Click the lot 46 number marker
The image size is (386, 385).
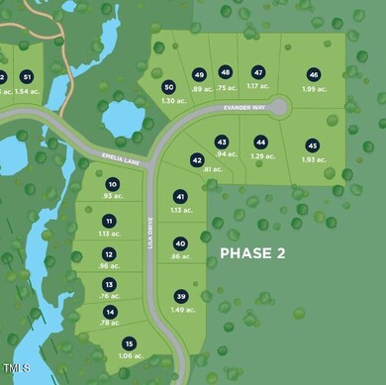point(314,74)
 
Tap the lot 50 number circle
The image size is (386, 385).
point(169,86)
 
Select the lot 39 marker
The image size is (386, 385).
point(180,296)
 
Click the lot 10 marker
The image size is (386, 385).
point(112,185)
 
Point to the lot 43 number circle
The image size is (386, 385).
point(222,142)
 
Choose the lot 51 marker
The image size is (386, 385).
point(27,76)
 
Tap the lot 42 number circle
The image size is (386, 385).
point(197,159)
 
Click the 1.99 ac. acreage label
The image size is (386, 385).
point(314,89)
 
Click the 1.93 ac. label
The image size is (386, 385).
point(313,158)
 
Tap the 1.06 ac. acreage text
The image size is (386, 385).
point(131,356)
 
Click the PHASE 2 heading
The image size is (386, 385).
point(251,253)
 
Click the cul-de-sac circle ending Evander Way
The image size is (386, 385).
point(279,106)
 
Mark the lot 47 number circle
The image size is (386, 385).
point(258,72)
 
